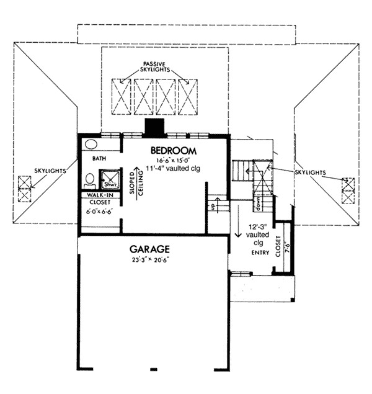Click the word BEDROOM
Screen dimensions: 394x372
[x=174, y=150]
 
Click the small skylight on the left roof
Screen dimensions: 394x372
[x=24, y=189]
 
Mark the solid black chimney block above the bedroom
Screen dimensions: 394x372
[x=153, y=127]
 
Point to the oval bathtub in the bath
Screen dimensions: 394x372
[x=91, y=144]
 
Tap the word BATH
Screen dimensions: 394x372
[x=100, y=159]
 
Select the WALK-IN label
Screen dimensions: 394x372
[x=100, y=195]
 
